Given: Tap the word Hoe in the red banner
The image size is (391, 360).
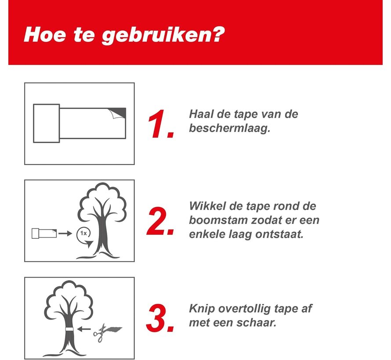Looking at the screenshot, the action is [x=45, y=34].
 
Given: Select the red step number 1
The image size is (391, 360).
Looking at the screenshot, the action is [x=160, y=124].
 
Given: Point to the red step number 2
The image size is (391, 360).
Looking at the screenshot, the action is [x=160, y=221].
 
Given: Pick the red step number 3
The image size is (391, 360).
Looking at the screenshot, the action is [x=160, y=318].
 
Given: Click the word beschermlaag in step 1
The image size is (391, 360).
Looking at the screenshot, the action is [x=230, y=128].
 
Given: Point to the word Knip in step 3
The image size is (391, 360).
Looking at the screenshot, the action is [x=202, y=309].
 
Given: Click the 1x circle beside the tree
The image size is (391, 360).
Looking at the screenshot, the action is [x=84, y=234].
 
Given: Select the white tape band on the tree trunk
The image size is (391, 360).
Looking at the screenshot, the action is [x=69, y=329].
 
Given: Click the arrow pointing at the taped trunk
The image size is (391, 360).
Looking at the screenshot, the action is [x=84, y=329].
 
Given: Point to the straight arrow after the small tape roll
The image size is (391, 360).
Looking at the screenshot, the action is [x=65, y=234].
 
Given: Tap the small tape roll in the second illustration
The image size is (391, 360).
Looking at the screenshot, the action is [x=44, y=234].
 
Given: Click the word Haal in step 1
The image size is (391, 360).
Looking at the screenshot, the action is [x=201, y=114].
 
